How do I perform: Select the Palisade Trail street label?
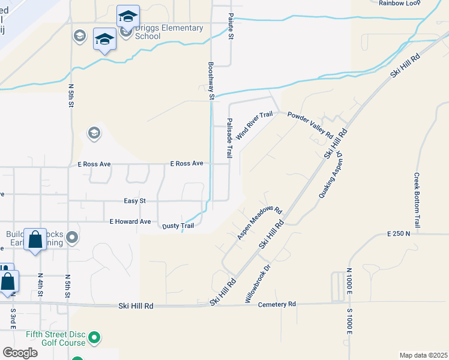click(x=229, y=137)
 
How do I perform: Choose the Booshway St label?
click(x=211, y=80)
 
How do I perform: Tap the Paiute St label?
click(x=231, y=27)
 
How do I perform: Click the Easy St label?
click(x=134, y=201)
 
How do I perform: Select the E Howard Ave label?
click(x=130, y=221)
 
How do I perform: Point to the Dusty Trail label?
click(x=178, y=226)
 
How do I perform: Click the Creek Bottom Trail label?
click(x=417, y=200)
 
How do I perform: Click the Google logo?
click(x=20, y=353)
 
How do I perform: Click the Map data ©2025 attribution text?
click(x=423, y=355)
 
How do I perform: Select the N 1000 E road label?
click(x=349, y=284)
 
